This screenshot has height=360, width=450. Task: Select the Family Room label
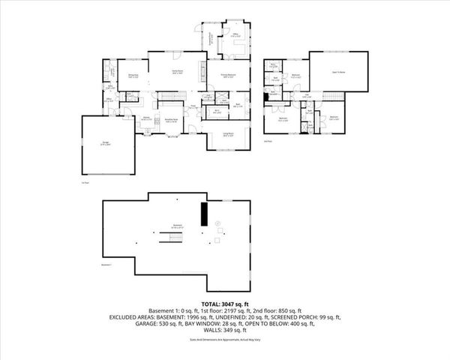[178, 73]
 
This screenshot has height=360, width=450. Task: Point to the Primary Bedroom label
[228, 76]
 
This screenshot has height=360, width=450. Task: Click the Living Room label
[227, 135]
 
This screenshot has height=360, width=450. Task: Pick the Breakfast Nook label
[172, 121]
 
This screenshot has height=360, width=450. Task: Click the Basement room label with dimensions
[178, 226]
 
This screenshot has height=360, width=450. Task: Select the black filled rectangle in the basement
[202, 214]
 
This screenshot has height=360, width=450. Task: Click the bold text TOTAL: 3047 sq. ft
[224, 303]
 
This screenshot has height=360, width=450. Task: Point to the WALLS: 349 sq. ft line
[224, 331]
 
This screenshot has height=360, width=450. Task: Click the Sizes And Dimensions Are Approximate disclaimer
[224, 339]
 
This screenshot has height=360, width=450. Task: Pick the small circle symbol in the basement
[218, 223]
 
